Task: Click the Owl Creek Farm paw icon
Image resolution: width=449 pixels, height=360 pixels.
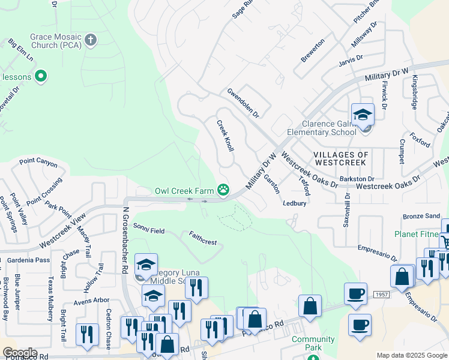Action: [223, 190]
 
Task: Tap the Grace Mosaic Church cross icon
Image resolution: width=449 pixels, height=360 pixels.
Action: [91, 41]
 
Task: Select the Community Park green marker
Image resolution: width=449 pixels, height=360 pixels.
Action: [313, 358]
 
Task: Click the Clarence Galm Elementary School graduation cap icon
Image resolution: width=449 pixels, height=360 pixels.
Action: [363, 114]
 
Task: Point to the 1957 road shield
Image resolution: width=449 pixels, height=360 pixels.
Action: [380, 295]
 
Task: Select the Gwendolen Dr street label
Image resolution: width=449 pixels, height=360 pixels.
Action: [243, 103]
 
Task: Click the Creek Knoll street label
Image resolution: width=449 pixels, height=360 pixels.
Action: [225, 135]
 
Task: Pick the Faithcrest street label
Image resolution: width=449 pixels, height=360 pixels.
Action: [202, 238]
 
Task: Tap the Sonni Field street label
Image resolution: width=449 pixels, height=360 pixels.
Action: [149, 227]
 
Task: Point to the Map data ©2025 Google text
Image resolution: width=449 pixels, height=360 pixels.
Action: [412, 356]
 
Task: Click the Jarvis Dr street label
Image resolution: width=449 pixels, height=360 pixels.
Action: [351, 59]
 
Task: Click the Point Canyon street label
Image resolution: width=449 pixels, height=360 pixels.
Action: [38, 163]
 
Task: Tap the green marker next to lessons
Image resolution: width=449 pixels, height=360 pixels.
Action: [41, 76]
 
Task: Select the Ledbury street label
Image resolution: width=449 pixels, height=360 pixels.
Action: [295, 203]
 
